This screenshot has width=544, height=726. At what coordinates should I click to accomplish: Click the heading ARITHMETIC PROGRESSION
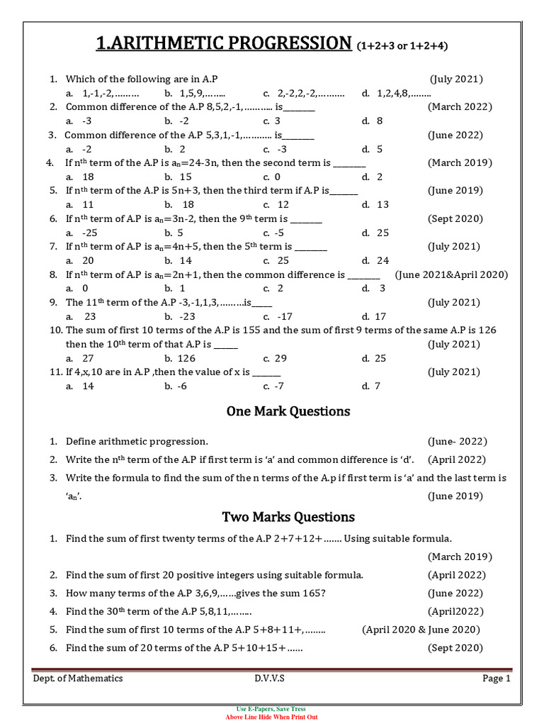pos(224,44)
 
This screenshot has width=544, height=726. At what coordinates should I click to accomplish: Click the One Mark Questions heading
pos(288,412)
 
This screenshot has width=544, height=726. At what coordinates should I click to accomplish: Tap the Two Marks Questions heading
pos(288,517)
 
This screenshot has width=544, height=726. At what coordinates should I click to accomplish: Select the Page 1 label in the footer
pos(497,678)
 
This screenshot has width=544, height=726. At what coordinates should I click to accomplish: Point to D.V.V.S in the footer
pos(270,678)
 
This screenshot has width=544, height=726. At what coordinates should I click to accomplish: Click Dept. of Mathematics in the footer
pos(78,678)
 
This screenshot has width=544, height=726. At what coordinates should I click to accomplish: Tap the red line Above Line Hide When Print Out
pos(271,717)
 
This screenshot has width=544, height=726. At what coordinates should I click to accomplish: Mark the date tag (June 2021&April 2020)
pos(451,275)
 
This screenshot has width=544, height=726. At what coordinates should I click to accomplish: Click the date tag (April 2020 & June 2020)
pos(421,630)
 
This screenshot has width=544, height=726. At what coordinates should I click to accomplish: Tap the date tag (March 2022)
pos(460,107)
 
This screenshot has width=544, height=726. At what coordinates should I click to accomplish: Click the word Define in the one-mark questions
pos(82,442)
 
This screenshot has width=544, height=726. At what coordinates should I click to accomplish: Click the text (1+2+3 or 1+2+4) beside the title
pos(403,47)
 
